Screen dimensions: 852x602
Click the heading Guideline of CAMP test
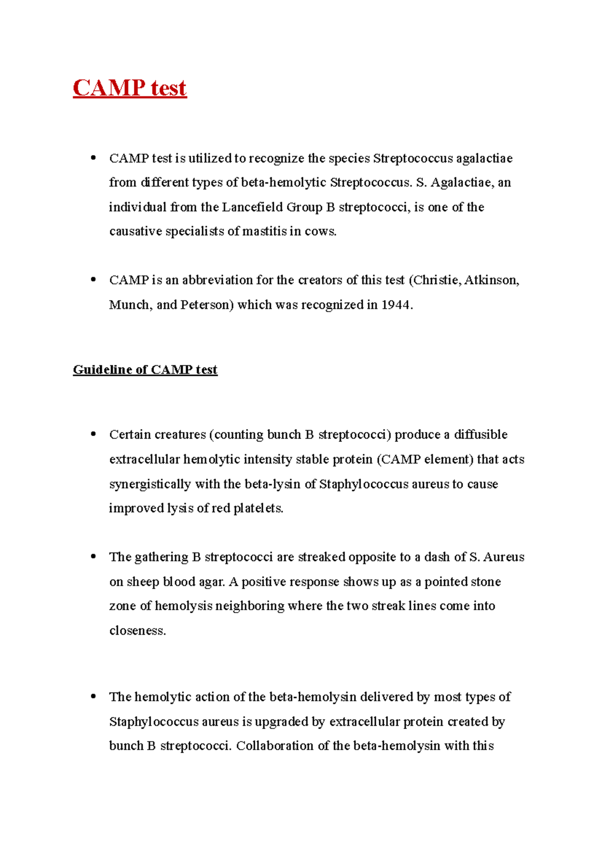pyautogui.click(x=145, y=370)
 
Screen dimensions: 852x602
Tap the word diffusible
pyautogui.click(x=481, y=435)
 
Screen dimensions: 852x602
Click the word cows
pyautogui.click(x=320, y=232)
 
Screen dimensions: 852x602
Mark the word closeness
pyautogui.click(x=137, y=631)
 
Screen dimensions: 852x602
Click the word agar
pyautogui.click(x=212, y=582)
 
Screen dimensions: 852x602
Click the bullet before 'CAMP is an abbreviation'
pyautogui.click(x=93, y=279)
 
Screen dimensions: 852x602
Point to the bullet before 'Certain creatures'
pyautogui.click(x=93, y=434)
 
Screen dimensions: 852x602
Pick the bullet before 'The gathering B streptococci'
pyautogui.click(x=93, y=556)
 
